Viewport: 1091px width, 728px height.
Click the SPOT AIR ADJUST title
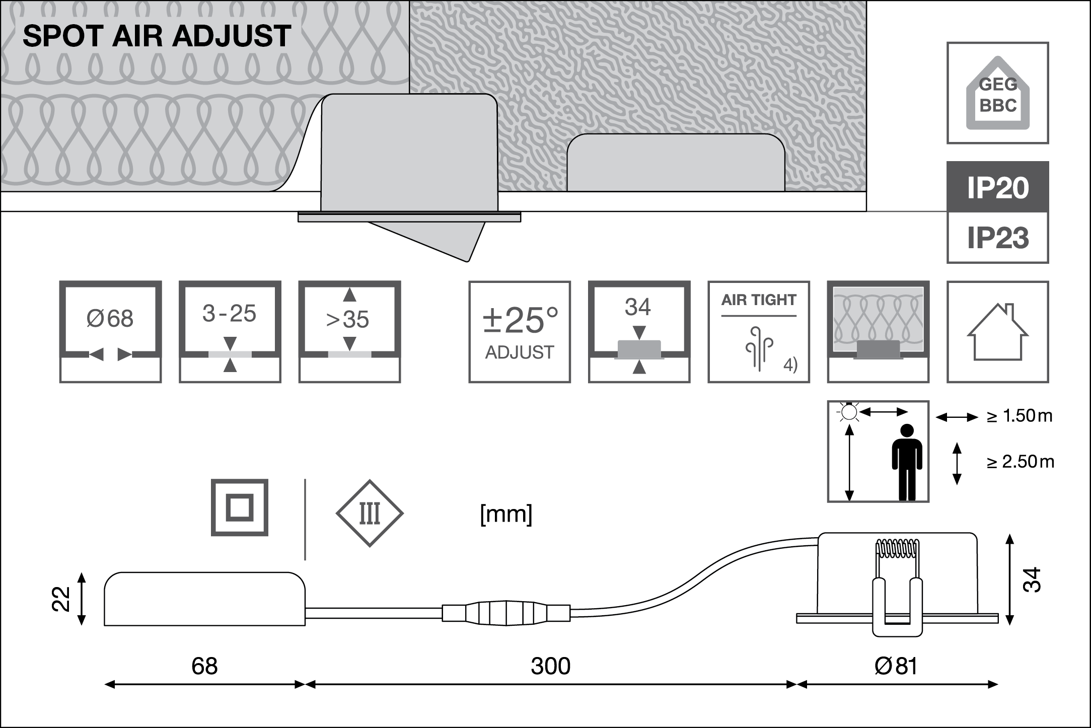[x=157, y=36]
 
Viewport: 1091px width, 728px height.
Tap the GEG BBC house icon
[x=997, y=94]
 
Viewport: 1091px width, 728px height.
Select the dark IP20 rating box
[x=997, y=187]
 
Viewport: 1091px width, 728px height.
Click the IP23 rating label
[x=997, y=238]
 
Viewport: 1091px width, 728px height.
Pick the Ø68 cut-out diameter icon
[x=110, y=332]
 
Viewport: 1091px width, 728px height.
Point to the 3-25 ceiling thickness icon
[x=230, y=332]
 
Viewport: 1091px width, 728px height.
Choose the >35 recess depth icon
[x=349, y=332]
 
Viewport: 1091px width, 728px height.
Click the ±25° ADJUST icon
[x=520, y=332]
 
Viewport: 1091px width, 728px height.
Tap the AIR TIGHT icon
[x=759, y=332]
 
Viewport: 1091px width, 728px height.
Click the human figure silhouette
[x=907, y=462]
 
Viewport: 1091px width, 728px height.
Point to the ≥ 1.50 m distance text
[x=1019, y=416]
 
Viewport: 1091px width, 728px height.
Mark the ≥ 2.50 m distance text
[x=1020, y=462]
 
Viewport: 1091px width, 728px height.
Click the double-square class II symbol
[x=239, y=507]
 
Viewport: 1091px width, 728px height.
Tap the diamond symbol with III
[x=370, y=513]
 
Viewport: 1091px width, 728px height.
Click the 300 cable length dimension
[x=550, y=667]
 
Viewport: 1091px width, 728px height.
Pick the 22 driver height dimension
[x=61, y=599]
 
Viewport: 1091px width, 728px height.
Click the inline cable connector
[x=506, y=613]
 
